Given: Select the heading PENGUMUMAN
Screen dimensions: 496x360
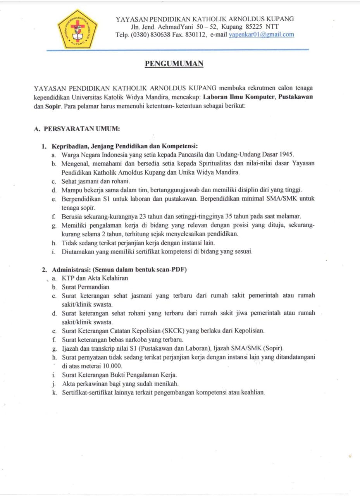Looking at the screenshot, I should click(174, 64).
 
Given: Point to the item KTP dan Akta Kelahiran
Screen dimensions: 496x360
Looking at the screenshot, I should click(95, 278).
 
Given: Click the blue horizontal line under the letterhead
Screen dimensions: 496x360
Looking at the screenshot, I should click(178, 50).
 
